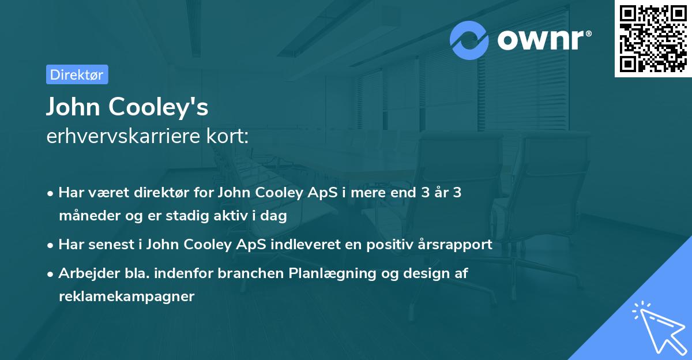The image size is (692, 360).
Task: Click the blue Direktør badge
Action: click(x=77, y=74)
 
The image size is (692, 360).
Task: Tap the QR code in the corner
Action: click(x=653, y=39)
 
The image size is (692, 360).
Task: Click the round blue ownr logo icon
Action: click(x=469, y=40)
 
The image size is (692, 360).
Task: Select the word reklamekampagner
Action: click(x=126, y=297)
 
